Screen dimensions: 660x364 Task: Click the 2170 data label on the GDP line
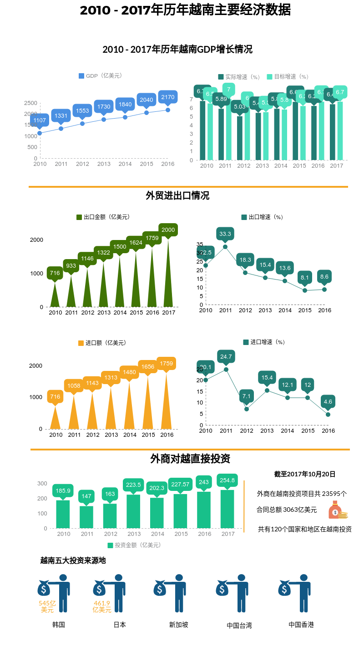pyautogui.click(x=168, y=97)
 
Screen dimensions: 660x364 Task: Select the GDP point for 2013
pyautogui.click(x=104, y=120)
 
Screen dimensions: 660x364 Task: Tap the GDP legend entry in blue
pyautogui.click(x=101, y=76)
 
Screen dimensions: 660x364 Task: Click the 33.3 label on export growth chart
pyautogui.click(x=225, y=234)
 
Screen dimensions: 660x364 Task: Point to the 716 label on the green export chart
pyautogui.click(x=55, y=273)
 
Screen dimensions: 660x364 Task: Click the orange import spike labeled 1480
pyautogui.click(x=130, y=405)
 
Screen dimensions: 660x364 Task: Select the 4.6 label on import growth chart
pyautogui.click(x=328, y=401)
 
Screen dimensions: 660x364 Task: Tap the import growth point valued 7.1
pyautogui.click(x=247, y=409)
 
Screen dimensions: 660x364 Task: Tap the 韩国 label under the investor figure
pyautogui.click(x=59, y=625)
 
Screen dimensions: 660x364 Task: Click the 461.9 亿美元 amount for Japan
pyautogui.click(x=102, y=606)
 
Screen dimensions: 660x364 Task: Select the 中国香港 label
pyautogui.click(x=301, y=625)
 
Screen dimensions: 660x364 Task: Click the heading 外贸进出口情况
pyautogui.click(x=177, y=196)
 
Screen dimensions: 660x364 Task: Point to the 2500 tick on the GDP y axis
pyautogui.click(x=31, y=103)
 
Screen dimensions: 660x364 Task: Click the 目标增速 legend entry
pyautogui.click(x=288, y=77)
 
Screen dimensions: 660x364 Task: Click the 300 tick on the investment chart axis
pyautogui.click(x=42, y=483)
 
